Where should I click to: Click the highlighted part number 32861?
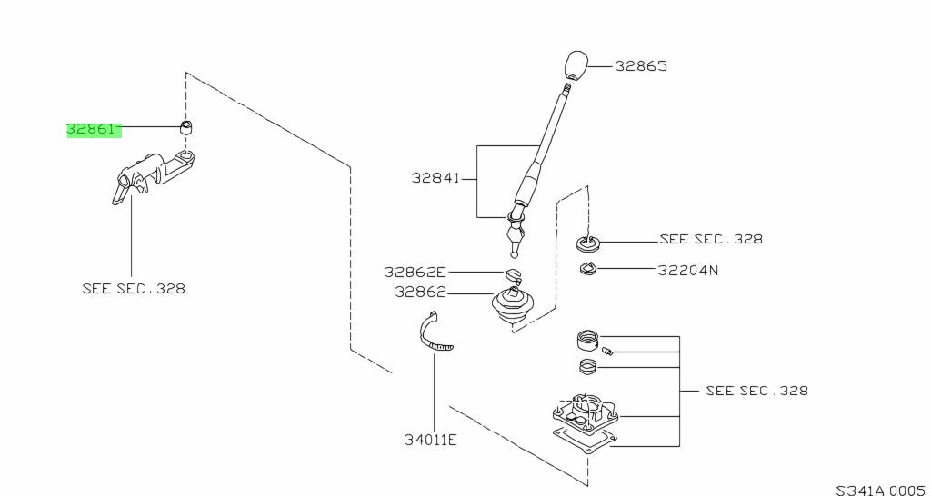click(92, 130)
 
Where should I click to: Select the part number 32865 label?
click(641, 66)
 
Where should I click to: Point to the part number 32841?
click(435, 180)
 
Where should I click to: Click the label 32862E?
click(415, 272)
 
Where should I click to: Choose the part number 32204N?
click(688, 269)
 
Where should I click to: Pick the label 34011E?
click(431, 440)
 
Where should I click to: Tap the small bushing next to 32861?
click(187, 126)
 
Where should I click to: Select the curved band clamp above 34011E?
click(434, 333)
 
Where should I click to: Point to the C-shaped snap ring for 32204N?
click(587, 268)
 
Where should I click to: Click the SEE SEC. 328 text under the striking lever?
click(133, 289)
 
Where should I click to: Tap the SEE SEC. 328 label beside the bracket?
click(756, 391)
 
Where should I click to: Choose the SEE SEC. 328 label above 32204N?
click(711, 239)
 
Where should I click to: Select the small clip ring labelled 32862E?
click(515, 273)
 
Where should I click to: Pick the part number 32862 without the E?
click(420, 292)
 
